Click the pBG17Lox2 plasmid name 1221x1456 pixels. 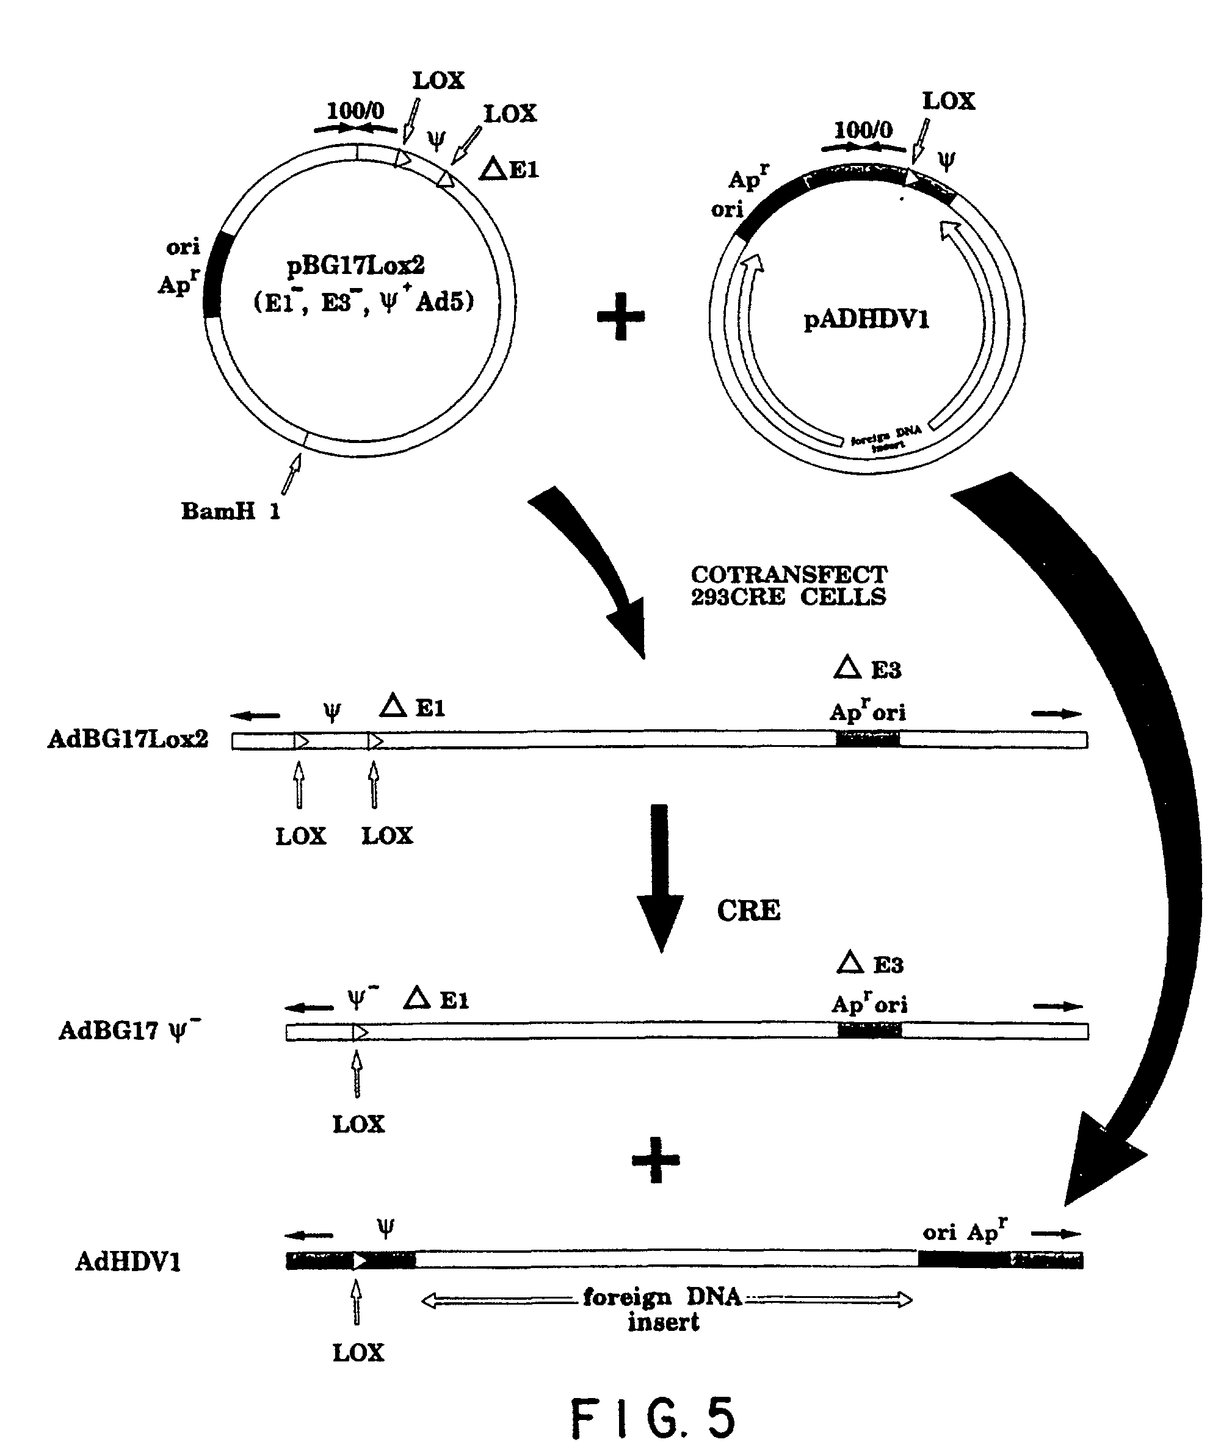tap(356, 265)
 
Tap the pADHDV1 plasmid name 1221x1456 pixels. tap(866, 320)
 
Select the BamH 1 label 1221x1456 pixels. tap(230, 512)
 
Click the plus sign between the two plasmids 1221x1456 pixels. tap(621, 317)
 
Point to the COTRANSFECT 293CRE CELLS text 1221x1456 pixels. tap(789, 586)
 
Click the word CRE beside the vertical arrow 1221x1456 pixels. tap(748, 910)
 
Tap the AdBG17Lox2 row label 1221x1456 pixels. tap(128, 739)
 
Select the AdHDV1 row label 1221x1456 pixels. tap(128, 1261)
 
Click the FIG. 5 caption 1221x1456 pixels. tap(652, 1418)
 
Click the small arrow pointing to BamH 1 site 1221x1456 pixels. tap(291, 473)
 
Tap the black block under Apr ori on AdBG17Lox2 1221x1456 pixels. tap(867, 740)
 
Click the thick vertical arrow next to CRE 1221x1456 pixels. tap(660, 877)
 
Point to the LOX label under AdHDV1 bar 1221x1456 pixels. tap(358, 1352)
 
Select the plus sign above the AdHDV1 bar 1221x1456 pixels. tap(656, 1160)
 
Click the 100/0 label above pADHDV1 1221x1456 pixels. tap(863, 129)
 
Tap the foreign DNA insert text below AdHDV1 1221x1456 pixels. tap(662, 1310)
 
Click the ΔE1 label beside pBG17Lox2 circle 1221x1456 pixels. tap(510, 168)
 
